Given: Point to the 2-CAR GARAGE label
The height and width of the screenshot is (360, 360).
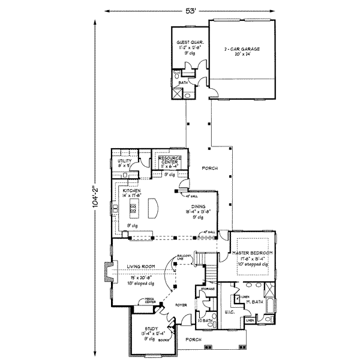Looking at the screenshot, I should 241,49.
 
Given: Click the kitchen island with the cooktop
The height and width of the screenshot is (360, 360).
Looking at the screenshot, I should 133,210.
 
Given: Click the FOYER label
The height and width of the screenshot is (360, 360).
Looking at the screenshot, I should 182,305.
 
